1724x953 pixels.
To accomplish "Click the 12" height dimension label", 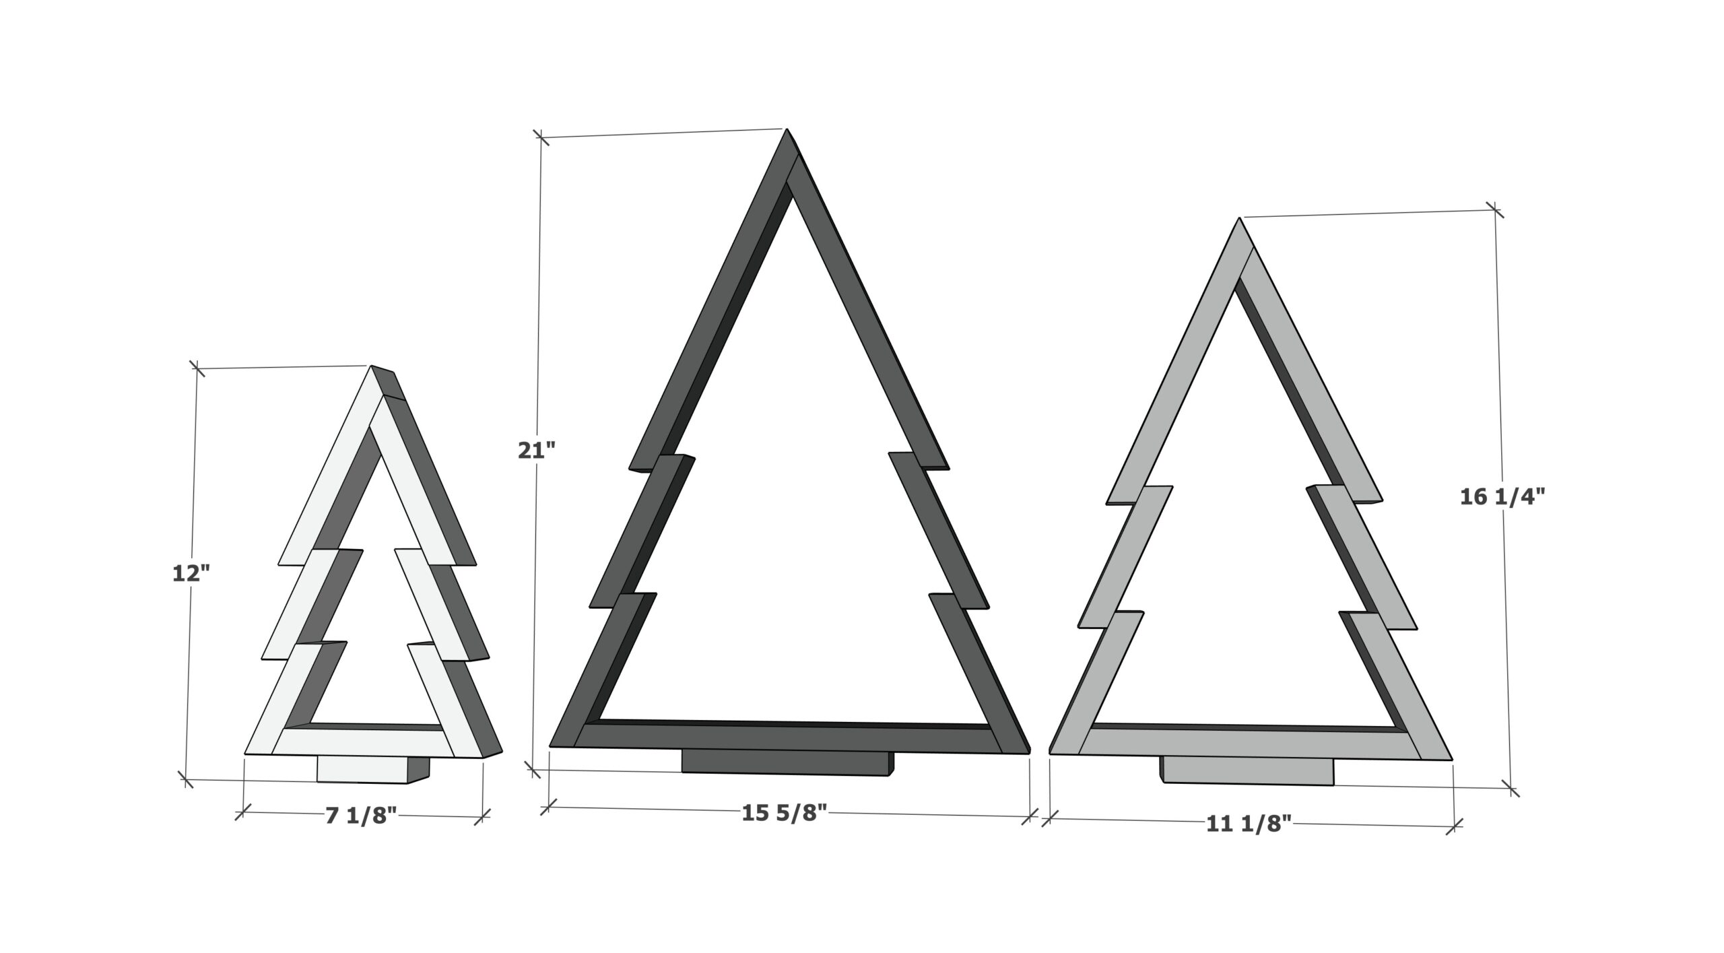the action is [191, 573].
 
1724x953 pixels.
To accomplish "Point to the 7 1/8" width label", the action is [362, 816].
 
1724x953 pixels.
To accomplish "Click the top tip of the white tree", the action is [371, 366].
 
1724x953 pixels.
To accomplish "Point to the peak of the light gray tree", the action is [1239, 218].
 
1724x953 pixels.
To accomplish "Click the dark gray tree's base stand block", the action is [788, 762].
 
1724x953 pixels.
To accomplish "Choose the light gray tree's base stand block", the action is [1247, 770].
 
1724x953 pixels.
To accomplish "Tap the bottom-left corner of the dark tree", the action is [550, 746].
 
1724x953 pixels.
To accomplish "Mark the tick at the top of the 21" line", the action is [540, 137].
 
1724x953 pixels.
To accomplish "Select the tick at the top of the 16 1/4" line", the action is [1495, 210].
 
